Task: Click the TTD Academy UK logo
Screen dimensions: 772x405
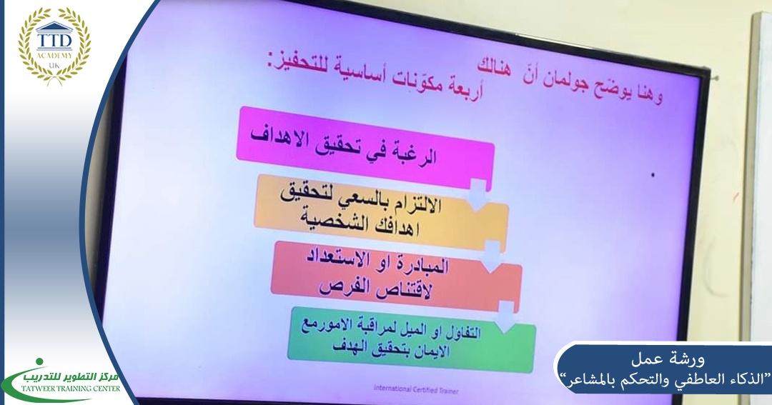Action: point(54,45)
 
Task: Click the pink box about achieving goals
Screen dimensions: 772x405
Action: point(365,147)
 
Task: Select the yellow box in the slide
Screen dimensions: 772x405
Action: point(380,214)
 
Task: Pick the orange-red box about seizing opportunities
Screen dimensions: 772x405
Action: point(396,276)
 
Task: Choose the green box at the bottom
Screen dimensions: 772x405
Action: point(412,339)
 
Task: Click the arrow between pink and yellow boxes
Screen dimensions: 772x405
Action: point(478,195)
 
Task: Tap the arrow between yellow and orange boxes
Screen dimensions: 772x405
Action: point(492,256)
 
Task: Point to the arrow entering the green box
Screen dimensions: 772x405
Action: point(505,317)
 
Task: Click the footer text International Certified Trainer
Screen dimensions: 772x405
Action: point(416,390)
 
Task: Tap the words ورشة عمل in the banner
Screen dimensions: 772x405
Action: point(668,360)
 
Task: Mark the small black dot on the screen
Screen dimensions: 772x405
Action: point(653,175)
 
